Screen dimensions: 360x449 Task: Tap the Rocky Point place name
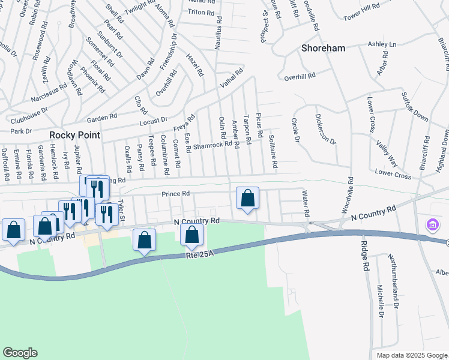tap(75, 135)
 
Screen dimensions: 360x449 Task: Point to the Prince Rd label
tap(175, 193)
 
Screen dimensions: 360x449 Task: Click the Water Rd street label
tap(306, 204)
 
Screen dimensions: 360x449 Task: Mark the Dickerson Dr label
tap(325, 130)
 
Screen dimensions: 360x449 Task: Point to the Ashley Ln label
tap(382, 44)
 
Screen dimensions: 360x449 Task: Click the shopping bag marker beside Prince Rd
tap(247, 199)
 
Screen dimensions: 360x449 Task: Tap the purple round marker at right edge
tap(432, 226)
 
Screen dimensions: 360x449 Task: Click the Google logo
tap(20, 353)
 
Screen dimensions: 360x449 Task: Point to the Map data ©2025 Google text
tap(412, 355)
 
